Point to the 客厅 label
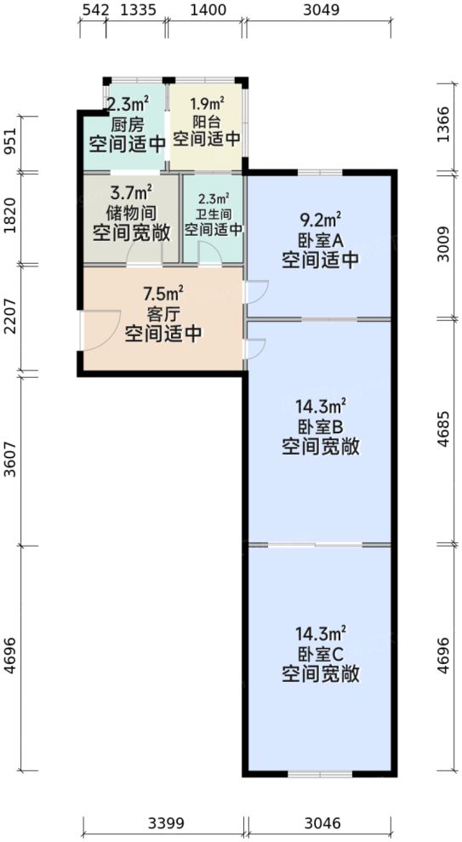(x=163, y=314)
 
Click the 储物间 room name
(x=131, y=211)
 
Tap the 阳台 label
(x=207, y=121)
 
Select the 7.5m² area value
(x=163, y=295)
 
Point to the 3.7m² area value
(x=131, y=192)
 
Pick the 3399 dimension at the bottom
(x=164, y=823)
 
